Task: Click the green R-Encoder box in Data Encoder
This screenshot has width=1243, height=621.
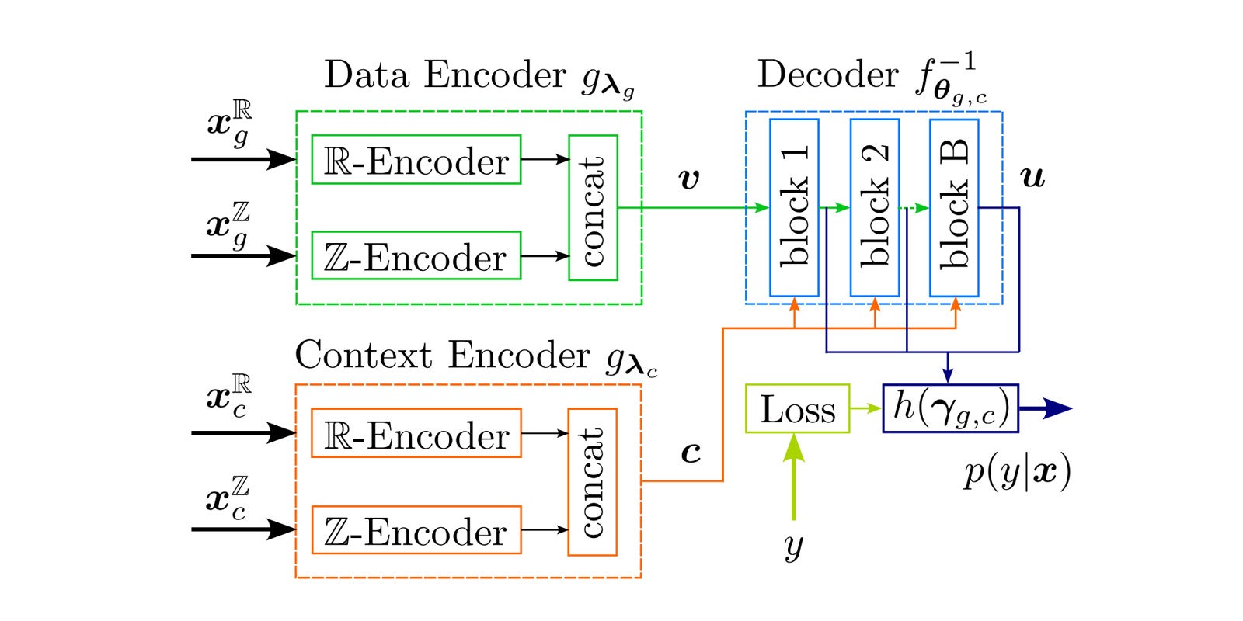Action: click(416, 160)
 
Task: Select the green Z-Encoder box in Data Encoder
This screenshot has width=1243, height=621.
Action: click(416, 255)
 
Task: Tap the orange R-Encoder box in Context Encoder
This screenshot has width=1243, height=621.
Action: click(416, 433)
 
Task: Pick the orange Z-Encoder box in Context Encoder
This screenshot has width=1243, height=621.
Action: click(416, 530)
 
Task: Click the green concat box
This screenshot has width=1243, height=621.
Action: click(593, 207)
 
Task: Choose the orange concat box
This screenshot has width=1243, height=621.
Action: click(592, 482)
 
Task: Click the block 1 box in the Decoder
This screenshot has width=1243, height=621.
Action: click(794, 207)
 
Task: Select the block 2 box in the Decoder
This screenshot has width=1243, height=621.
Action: click(875, 207)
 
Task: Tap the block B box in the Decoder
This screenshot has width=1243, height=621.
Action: click(954, 207)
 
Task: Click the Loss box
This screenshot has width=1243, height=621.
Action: click(797, 408)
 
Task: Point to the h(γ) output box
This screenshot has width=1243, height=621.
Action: click(950, 408)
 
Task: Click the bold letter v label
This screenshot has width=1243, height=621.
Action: click(688, 179)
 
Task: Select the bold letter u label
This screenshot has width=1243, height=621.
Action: click(1032, 179)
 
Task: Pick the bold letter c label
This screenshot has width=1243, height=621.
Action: click(691, 452)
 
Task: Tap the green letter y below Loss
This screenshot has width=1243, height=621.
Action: click(793, 546)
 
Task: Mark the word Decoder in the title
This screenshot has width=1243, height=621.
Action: click(827, 75)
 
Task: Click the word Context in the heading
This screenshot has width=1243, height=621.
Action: click(363, 356)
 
